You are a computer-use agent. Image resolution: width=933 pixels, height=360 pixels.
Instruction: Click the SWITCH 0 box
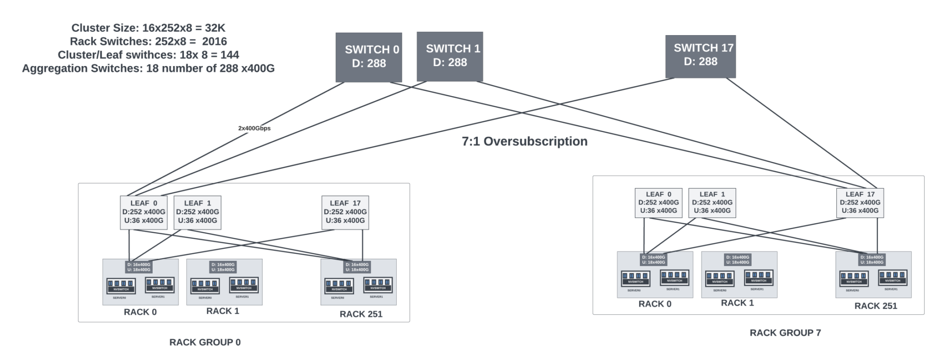[369, 57]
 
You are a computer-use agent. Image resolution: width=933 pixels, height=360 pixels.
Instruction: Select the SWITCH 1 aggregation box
[450, 56]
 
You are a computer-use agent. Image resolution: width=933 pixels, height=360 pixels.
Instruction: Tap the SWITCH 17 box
[700, 57]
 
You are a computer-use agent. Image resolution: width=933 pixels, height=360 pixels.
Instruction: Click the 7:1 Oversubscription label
[524, 141]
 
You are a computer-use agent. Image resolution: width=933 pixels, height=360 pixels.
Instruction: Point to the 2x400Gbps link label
[254, 129]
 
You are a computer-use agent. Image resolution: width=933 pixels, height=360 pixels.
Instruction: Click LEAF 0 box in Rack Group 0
[144, 212]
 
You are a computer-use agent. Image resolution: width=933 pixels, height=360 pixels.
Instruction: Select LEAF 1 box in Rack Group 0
[197, 212]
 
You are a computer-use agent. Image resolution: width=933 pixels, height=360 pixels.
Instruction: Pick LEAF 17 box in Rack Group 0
[345, 212]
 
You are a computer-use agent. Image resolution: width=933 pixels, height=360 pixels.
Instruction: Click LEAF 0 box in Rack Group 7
[658, 203]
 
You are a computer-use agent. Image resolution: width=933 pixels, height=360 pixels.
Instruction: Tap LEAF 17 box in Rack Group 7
[860, 203]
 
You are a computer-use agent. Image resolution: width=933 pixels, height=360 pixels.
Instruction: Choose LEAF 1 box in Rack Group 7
[712, 203]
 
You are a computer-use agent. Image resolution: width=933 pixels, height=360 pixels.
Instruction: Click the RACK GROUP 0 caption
[205, 342]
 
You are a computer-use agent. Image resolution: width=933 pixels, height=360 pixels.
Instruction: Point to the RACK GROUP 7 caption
[785, 333]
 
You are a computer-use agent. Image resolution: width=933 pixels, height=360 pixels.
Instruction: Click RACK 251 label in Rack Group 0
[361, 314]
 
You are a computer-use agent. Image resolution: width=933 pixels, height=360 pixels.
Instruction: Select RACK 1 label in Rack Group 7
[737, 303]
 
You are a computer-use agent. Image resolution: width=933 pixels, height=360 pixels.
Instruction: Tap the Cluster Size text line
[148, 28]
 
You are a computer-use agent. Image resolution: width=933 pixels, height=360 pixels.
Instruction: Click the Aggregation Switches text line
[148, 68]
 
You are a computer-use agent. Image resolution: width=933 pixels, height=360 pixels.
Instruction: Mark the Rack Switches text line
[148, 41]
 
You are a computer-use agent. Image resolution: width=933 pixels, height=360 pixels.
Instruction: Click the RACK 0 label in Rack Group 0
[140, 312]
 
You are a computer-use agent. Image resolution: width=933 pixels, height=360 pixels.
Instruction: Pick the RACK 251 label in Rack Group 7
[876, 306]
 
